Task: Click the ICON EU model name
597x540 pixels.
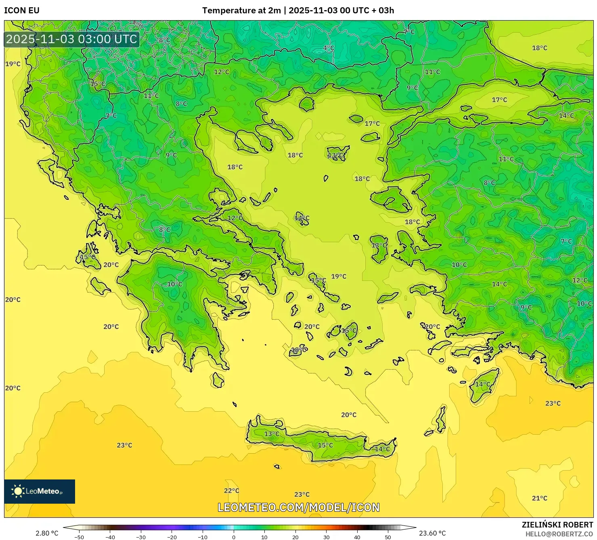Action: [22, 10]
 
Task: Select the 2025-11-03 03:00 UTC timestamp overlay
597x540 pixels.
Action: [71, 39]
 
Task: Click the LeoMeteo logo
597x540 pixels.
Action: [40, 491]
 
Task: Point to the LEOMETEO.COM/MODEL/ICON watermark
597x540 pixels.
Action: [299, 507]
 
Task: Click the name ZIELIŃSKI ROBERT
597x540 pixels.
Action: [557, 525]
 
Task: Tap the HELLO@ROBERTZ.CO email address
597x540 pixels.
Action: [559, 534]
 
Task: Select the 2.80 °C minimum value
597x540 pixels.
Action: [47, 533]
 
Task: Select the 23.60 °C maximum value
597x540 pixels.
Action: [432, 533]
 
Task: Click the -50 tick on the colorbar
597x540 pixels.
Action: [79, 537]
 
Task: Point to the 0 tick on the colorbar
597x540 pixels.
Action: [234, 537]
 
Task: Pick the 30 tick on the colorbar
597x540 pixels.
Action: [326, 537]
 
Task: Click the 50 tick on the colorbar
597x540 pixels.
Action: [388, 537]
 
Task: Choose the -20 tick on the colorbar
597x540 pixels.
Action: [172, 537]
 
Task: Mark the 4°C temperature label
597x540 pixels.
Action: [329, 48]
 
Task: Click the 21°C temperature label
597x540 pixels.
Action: [539, 498]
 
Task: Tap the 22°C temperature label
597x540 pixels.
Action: [231, 490]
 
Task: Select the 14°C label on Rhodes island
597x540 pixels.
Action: [482, 384]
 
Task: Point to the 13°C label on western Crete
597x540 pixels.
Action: [272, 434]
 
